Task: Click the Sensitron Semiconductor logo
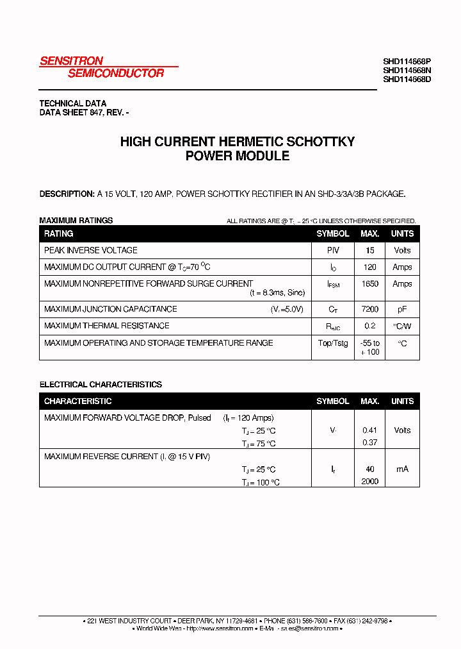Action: coord(102,67)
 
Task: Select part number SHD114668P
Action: coord(407,62)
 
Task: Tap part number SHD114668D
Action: coord(407,80)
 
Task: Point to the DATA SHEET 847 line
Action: coord(84,112)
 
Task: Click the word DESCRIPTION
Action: coord(67,194)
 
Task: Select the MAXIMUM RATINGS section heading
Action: coord(76,221)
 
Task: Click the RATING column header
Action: coord(58,234)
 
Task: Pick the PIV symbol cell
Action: coord(333,250)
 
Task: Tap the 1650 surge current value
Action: coord(370,284)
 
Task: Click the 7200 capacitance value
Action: coord(370,309)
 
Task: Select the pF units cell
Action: coord(402,309)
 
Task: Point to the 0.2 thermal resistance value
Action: coord(370,326)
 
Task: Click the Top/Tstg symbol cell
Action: coord(333,343)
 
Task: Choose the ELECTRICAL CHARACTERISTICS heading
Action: coord(101,385)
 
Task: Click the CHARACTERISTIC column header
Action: coord(77,401)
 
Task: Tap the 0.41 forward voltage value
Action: coord(370,430)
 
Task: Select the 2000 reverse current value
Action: coord(370,482)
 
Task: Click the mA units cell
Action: coord(402,469)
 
